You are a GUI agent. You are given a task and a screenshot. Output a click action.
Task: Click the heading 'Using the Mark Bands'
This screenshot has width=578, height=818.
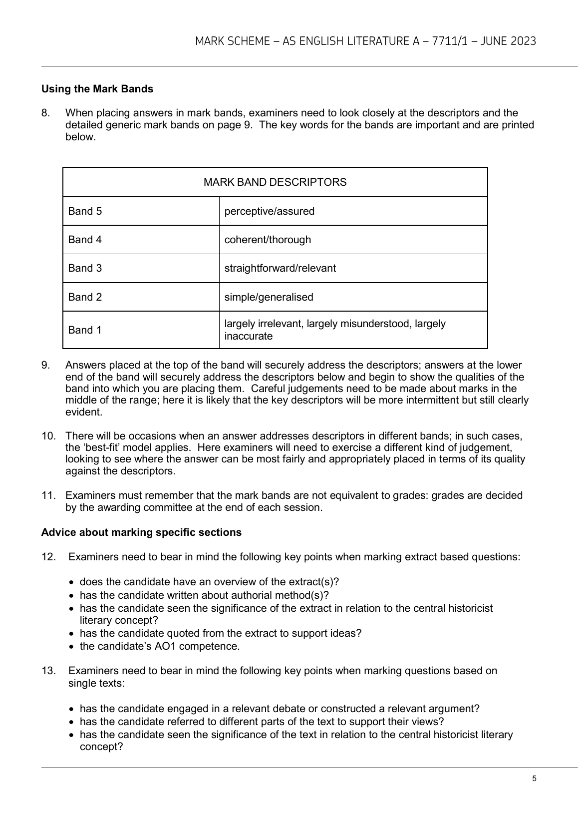pos(97,89)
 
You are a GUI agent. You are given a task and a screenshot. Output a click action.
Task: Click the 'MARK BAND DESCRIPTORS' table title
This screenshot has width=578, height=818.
pos(275,182)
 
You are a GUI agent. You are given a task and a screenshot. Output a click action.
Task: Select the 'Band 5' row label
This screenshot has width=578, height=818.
pos(85,211)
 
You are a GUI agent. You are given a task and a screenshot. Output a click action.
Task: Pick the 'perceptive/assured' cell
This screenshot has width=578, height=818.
pos(270,211)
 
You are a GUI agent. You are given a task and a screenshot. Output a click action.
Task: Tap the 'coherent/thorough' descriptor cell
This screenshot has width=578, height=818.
pos(268,240)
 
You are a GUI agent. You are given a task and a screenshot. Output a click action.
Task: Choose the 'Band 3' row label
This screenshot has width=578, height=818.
pos(85,268)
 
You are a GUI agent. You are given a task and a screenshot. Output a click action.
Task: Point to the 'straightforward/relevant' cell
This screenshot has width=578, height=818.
pos(280,268)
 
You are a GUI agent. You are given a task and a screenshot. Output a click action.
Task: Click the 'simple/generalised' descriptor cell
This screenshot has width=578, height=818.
pos(269,297)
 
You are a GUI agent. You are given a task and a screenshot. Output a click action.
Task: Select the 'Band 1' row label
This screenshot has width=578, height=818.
pos(85,330)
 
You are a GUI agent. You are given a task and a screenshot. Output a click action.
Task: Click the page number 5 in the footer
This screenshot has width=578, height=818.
pos(534,779)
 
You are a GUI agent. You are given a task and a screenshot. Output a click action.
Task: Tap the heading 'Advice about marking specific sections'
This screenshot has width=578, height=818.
pos(141,532)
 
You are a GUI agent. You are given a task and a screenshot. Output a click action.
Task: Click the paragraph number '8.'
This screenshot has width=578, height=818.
pos(46,113)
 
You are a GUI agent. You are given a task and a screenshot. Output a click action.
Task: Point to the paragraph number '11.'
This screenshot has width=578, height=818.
pos(48,495)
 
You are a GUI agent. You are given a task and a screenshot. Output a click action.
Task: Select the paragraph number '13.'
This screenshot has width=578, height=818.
pos(48,671)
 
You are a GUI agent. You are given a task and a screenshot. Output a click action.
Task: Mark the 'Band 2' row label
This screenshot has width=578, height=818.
pos(85,297)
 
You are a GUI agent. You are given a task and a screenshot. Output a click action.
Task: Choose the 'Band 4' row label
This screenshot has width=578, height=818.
pos(85,240)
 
